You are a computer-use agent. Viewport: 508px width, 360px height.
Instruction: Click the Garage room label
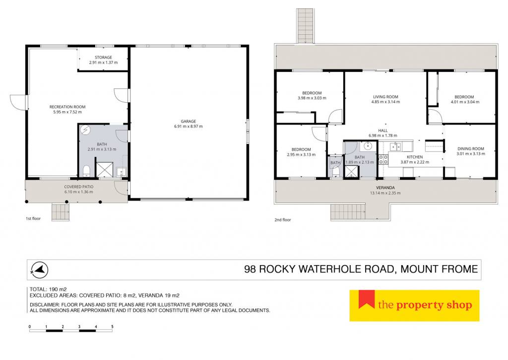click(188, 121)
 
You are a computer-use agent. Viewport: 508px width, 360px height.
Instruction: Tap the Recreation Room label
click(67, 107)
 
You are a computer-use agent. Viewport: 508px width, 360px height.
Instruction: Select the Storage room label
click(103, 58)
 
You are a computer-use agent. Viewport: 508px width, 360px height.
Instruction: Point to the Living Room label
click(385, 97)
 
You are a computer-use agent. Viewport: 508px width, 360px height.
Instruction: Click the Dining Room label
click(471, 149)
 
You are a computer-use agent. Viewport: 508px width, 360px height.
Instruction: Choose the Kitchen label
click(415, 157)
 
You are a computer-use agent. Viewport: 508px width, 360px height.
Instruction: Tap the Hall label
click(382, 131)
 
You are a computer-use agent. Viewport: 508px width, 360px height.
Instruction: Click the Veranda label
click(385, 188)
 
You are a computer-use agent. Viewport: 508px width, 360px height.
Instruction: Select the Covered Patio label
click(79, 187)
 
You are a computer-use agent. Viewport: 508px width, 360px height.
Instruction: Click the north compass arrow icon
click(40, 270)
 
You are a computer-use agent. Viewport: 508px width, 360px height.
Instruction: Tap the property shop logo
click(414, 305)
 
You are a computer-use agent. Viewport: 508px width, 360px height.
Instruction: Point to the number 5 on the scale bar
click(112, 327)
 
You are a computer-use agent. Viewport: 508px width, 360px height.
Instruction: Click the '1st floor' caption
click(33, 218)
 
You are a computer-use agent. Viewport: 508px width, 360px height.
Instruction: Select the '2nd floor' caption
click(282, 219)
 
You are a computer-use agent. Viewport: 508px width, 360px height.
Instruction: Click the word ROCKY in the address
click(277, 269)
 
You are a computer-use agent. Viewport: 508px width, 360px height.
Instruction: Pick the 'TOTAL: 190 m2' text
click(48, 289)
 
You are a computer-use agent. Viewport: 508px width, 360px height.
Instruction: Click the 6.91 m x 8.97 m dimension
click(188, 127)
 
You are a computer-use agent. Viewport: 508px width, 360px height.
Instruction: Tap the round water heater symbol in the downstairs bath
click(85, 130)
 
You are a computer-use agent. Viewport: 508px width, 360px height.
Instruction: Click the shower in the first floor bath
click(105, 170)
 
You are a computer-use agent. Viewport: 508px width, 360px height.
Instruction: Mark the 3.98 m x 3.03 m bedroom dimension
click(312, 98)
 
